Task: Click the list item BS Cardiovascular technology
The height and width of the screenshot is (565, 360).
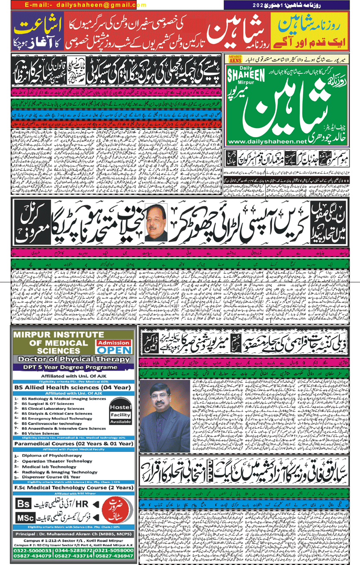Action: pos(52,424)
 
